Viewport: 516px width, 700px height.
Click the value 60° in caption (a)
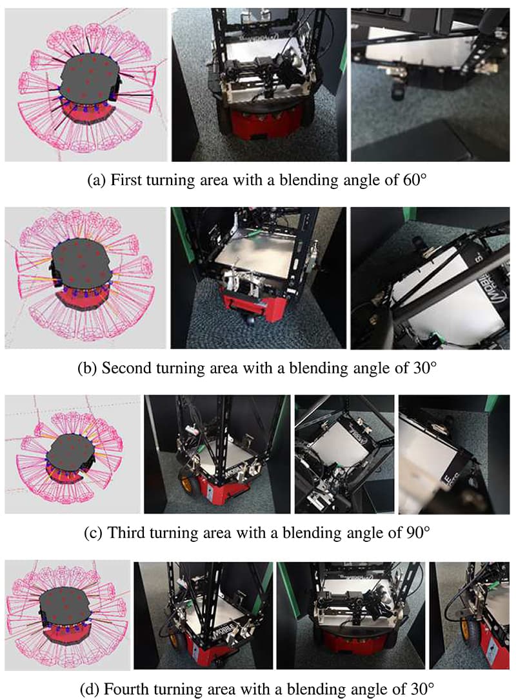click(x=415, y=180)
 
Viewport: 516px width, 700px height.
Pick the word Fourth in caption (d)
click(x=126, y=689)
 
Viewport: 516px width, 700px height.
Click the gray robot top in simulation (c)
click(x=70, y=452)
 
